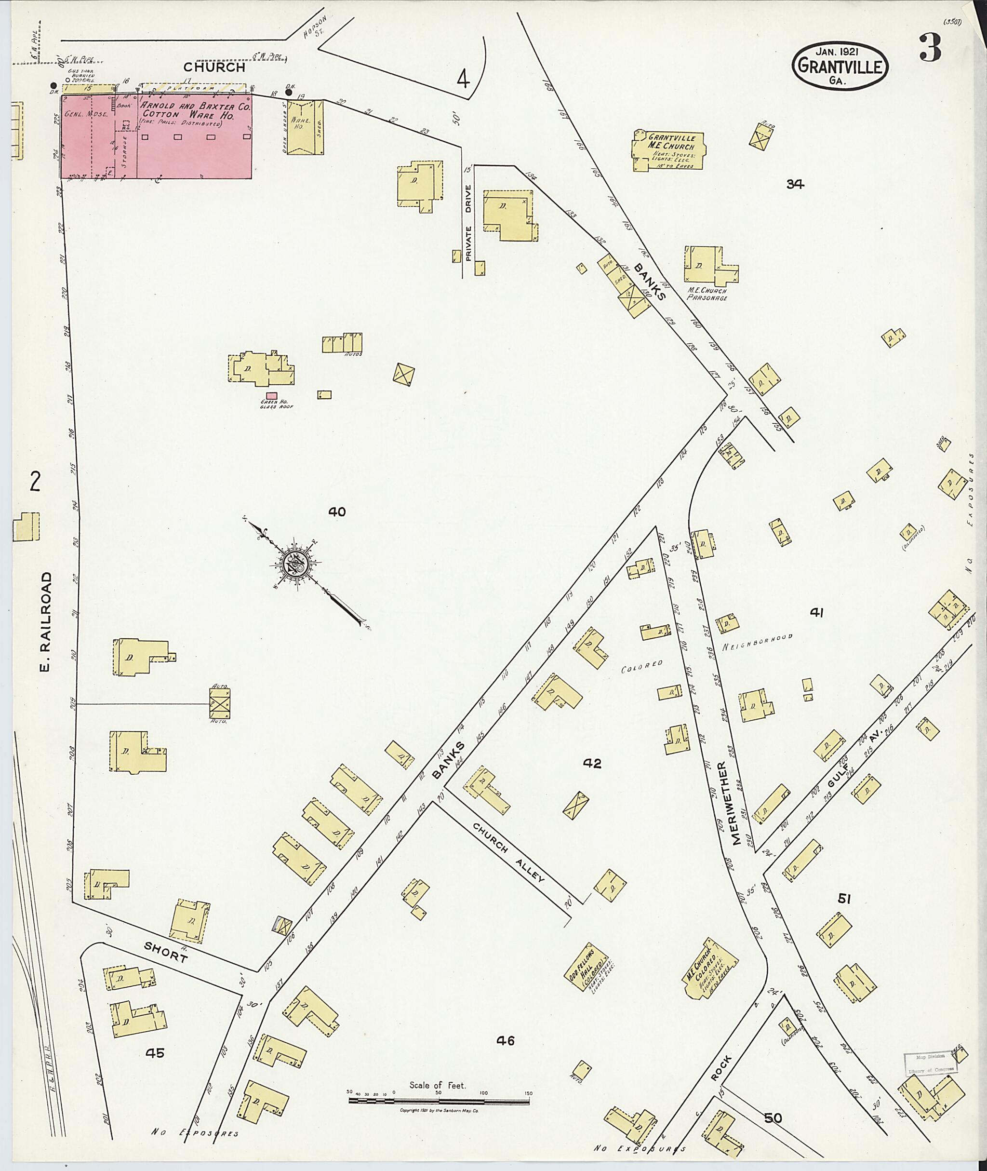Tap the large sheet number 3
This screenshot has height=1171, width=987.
click(x=929, y=49)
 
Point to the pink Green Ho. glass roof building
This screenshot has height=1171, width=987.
click(x=271, y=396)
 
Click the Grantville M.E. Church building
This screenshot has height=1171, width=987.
click(x=669, y=148)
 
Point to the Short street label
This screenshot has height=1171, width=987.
click(x=166, y=952)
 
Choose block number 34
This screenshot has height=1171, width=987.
click(x=795, y=184)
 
